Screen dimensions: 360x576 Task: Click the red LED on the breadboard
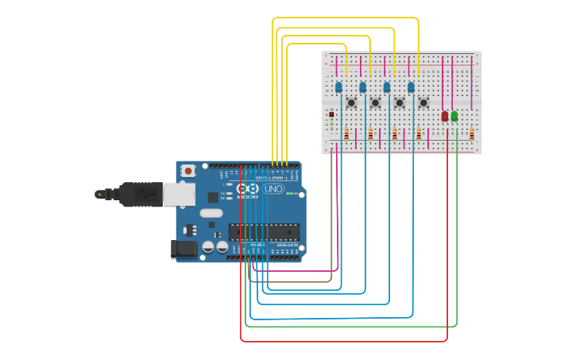coord(445,116)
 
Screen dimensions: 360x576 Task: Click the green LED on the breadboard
coord(454,116)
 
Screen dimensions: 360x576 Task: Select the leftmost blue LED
coord(338,87)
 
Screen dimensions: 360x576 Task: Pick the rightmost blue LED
coord(412,87)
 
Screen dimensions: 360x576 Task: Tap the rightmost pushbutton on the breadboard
coord(423,103)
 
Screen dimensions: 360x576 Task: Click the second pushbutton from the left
coord(375,103)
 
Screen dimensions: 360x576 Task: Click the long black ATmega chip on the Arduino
coord(264,232)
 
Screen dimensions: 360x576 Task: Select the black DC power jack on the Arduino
coord(184,250)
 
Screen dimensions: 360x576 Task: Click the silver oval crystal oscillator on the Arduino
coord(211,213)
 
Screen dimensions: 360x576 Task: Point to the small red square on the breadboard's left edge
coord(331,114)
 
